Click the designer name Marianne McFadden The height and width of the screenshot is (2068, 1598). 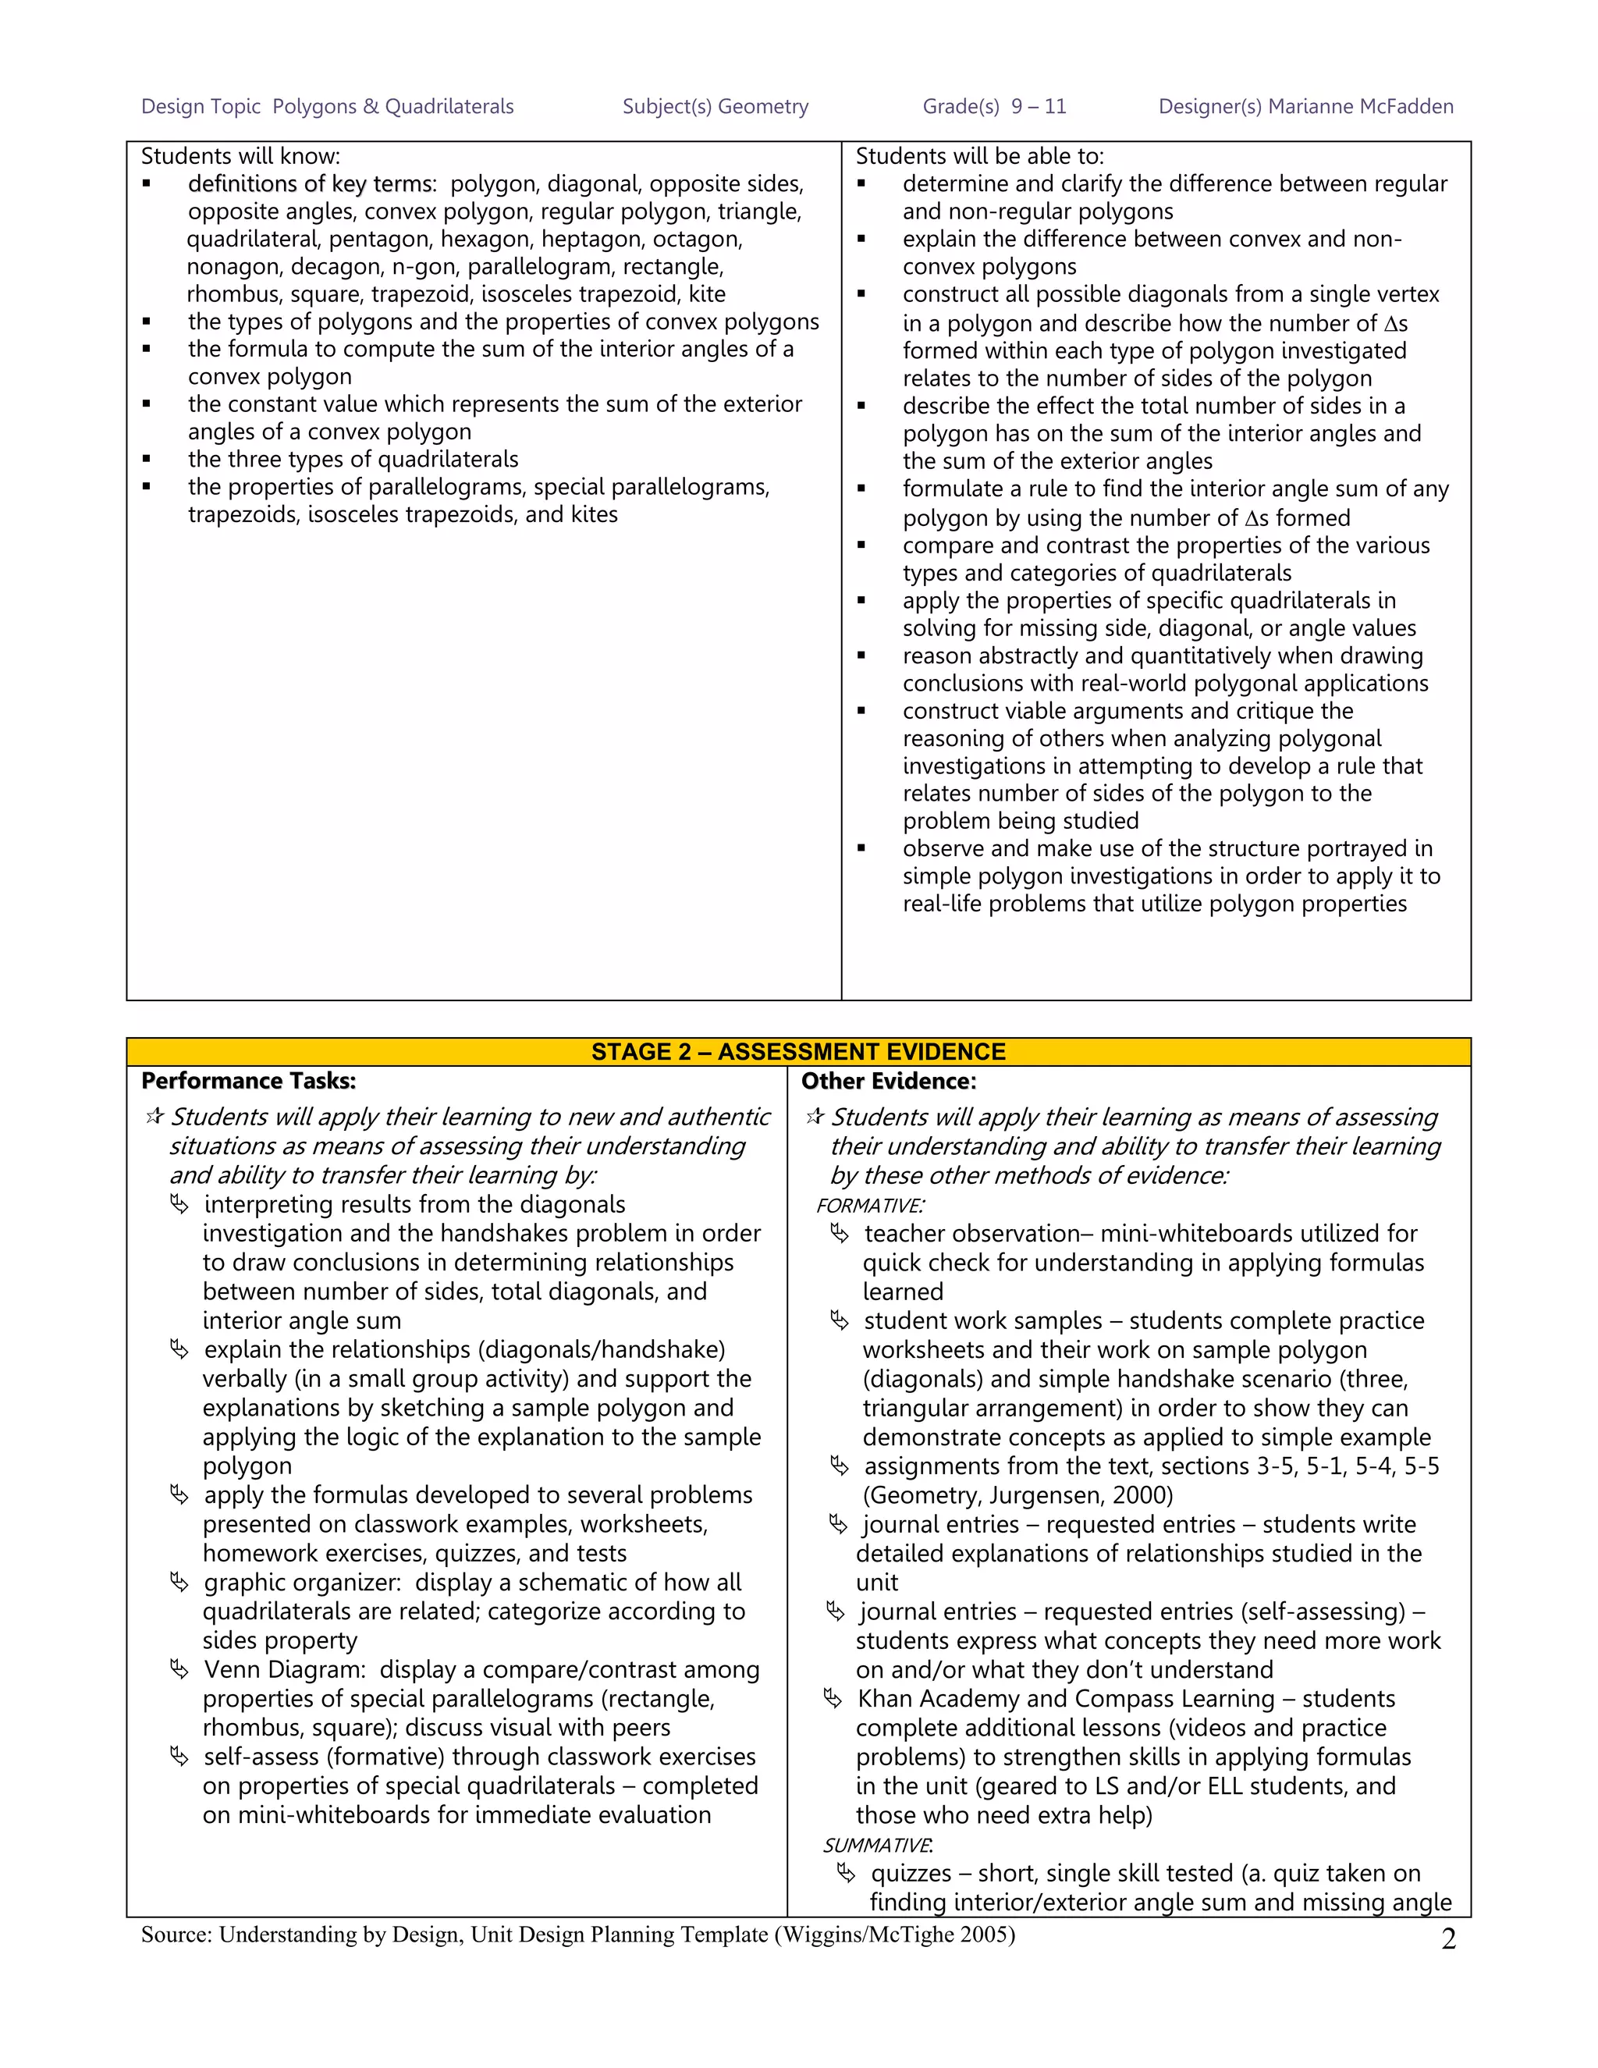pos(1360,107)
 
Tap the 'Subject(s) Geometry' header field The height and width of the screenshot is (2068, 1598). pos(715,107)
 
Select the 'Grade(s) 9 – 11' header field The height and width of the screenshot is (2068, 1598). pos(994,107)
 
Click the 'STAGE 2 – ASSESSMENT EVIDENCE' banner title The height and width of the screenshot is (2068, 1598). pos(798,1052)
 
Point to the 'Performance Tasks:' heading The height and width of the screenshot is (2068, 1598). pos(248,1082)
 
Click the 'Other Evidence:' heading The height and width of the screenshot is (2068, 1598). pos(888,1082)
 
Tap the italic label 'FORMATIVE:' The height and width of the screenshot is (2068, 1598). pos(870,1206)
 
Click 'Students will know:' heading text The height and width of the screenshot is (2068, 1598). pos(240,156)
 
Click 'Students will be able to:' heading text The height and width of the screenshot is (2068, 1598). pos(980,156)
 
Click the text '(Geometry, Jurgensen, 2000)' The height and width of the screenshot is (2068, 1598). pos(1017,1495)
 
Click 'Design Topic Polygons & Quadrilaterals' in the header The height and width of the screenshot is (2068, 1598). pos(327,107)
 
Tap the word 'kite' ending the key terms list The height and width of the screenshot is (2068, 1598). pos(707,294)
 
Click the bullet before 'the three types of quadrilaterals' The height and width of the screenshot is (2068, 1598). pos(147,459)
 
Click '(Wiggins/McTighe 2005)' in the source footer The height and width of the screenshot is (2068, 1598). pos(895,1935)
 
